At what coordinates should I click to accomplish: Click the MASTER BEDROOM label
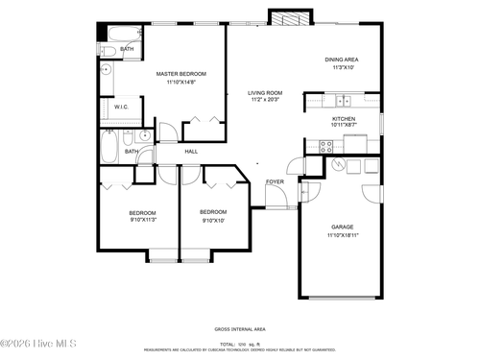pos(181,73)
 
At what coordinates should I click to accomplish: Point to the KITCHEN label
pos(344,119)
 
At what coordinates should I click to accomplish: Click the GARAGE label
pos(343,228)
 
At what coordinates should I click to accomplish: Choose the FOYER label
pos(275,180)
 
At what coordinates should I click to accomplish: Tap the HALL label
pos(191,151)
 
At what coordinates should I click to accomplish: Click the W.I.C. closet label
pos(122,108)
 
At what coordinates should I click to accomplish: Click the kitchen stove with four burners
pos(325,147)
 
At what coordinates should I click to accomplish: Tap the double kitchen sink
pos(343,100)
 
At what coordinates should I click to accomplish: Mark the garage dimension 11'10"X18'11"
pos(343,235)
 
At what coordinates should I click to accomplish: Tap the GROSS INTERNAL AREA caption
pos(239,328)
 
